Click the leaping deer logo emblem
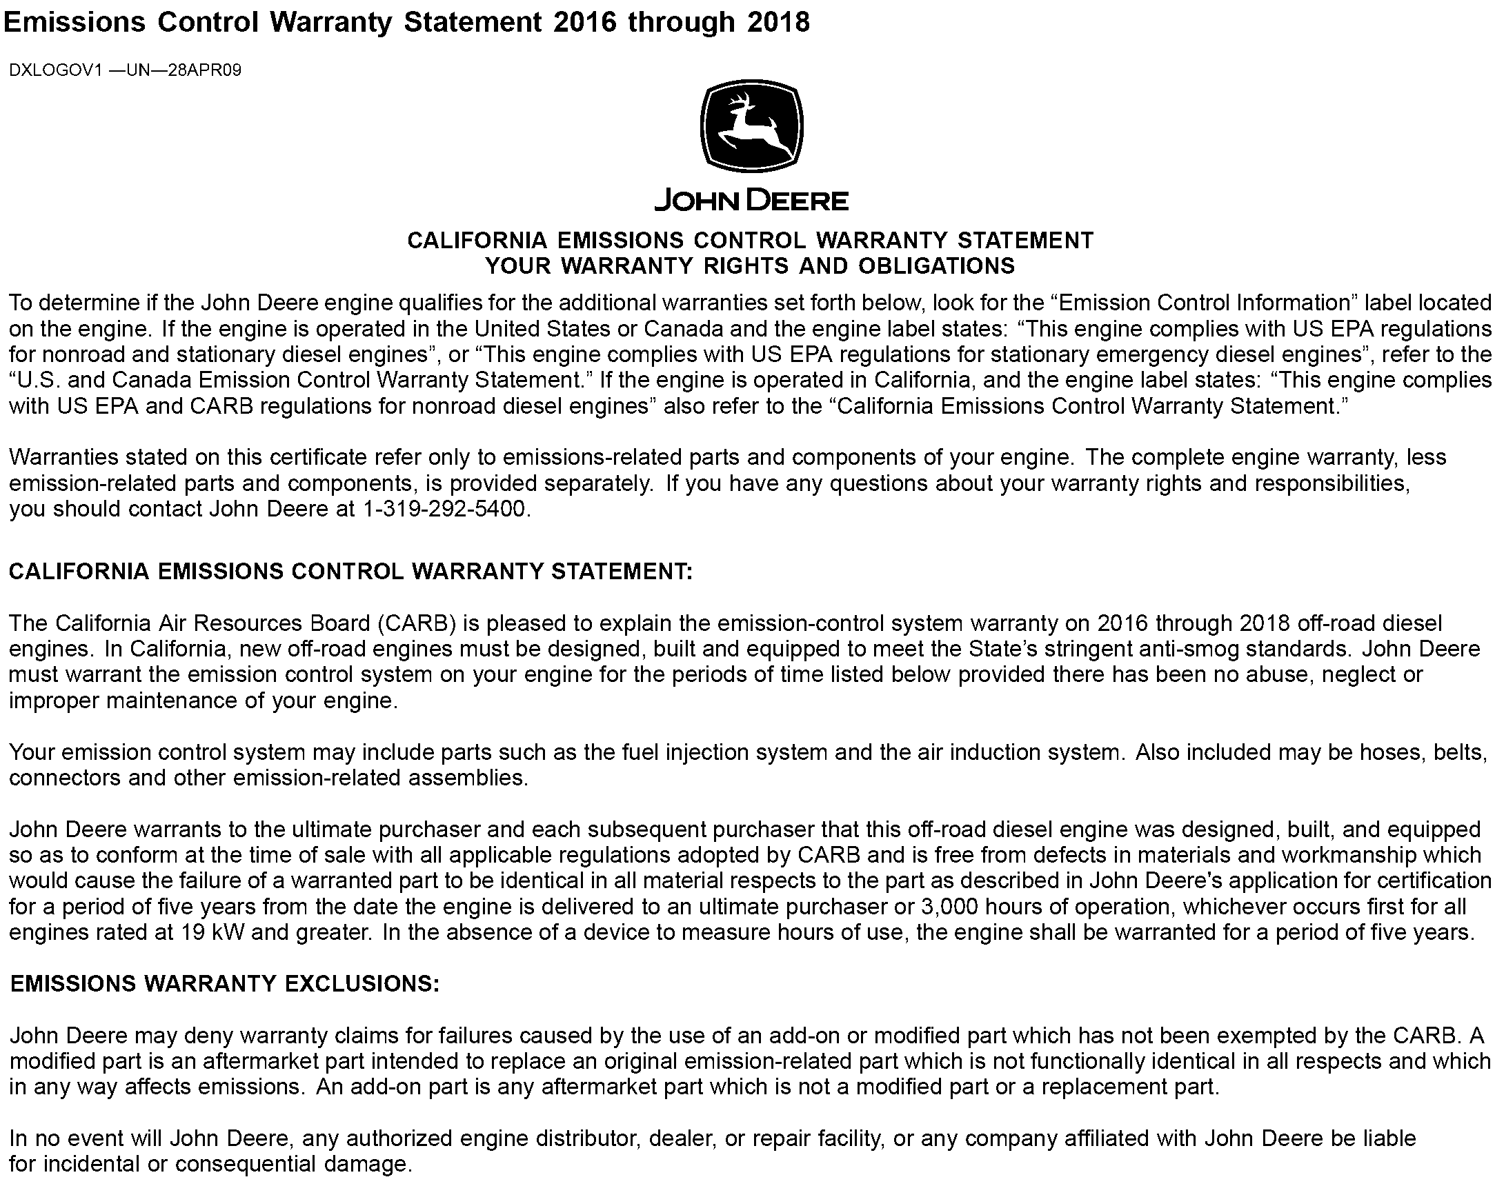[752, 126]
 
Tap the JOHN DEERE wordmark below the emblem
[752, 201]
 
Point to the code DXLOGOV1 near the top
[55, 71]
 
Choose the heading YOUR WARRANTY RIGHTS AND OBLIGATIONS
[750, 266]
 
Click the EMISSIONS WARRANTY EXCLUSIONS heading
[225, 985]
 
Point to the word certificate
[317, 458]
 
